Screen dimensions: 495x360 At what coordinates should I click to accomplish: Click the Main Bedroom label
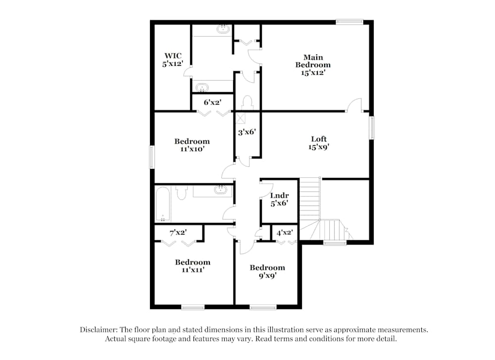(x=313, y=65)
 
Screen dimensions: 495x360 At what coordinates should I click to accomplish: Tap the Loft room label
(x=318, y=143)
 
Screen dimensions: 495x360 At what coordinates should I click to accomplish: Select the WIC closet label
(x=173, y=60)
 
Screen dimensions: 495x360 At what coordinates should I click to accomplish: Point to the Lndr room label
(x=279, y=199)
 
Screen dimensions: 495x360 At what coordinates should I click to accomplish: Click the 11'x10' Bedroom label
(x=192, y=145)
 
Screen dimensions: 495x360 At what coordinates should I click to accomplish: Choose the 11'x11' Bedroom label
(x=193, y=266)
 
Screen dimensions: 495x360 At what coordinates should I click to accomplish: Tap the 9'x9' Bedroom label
(x=267, y=271)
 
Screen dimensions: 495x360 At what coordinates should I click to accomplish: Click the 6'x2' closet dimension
(x=212, y=102)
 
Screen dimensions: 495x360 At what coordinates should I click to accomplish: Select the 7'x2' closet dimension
(x=178, y=232)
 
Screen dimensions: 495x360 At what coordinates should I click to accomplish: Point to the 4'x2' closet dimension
(x=285, y=233)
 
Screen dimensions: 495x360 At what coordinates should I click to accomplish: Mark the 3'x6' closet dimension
(x=247, y=132)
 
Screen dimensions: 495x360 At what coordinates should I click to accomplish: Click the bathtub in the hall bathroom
(x=163, y=204)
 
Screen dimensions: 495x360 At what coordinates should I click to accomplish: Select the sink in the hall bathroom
(x=220, y=190)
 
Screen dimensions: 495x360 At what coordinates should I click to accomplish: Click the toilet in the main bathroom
(x=247, y=103)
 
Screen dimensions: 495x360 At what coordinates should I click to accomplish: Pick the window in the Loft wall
(x=372, y=128)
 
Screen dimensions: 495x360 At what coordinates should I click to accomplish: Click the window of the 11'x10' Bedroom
(x=152, y=157)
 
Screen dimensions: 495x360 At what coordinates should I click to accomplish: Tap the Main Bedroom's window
(x=349, y=22)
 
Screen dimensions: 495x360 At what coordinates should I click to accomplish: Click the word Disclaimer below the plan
(x=99, y=330)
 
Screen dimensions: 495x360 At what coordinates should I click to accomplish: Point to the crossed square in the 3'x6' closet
(x=241, y=118)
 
